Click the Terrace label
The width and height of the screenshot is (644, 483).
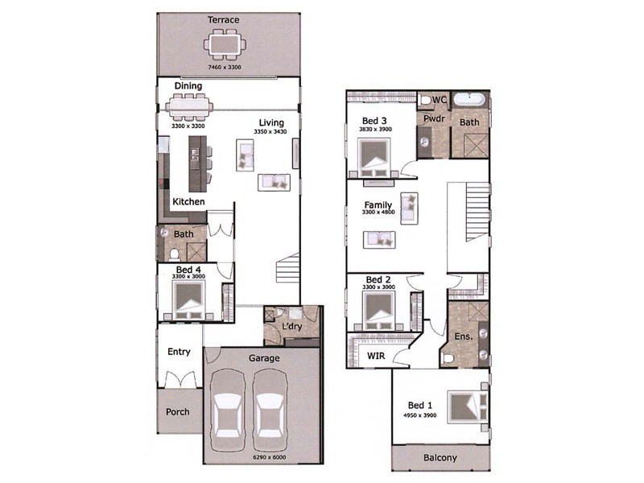(x=224, y=19)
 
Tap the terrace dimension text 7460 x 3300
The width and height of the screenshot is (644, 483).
(x=225, y=67)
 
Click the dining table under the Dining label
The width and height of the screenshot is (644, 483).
(x=189, y=108)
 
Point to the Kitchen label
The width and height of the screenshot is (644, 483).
(x=188, y=202)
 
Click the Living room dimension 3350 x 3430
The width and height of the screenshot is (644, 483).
(x=270, y=131)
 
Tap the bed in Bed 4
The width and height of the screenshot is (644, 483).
(x=189, y=300)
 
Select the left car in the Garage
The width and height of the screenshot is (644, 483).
(x=228, y=410)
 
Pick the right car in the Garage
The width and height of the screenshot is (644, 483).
(x=269, y=410)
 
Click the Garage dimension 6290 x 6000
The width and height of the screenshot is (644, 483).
(x=270, y=457)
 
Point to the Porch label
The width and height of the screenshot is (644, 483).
(x=178, y=411)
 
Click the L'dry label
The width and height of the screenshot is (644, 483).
(x=292, y=327)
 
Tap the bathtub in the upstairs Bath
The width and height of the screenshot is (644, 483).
(x=469, y=99)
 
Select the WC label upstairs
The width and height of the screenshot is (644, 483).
(x=439, y=100)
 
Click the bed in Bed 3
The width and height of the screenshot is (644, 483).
(x=374, y=158)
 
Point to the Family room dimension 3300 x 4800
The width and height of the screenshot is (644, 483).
(x=378, y=212)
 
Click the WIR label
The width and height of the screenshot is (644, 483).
(x=376, y=356)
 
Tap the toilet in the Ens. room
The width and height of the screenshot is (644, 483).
(x=448, y=358)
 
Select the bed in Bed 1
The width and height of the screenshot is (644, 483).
(x=468, y=407)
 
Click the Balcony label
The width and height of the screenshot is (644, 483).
(x=440, y=457)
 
